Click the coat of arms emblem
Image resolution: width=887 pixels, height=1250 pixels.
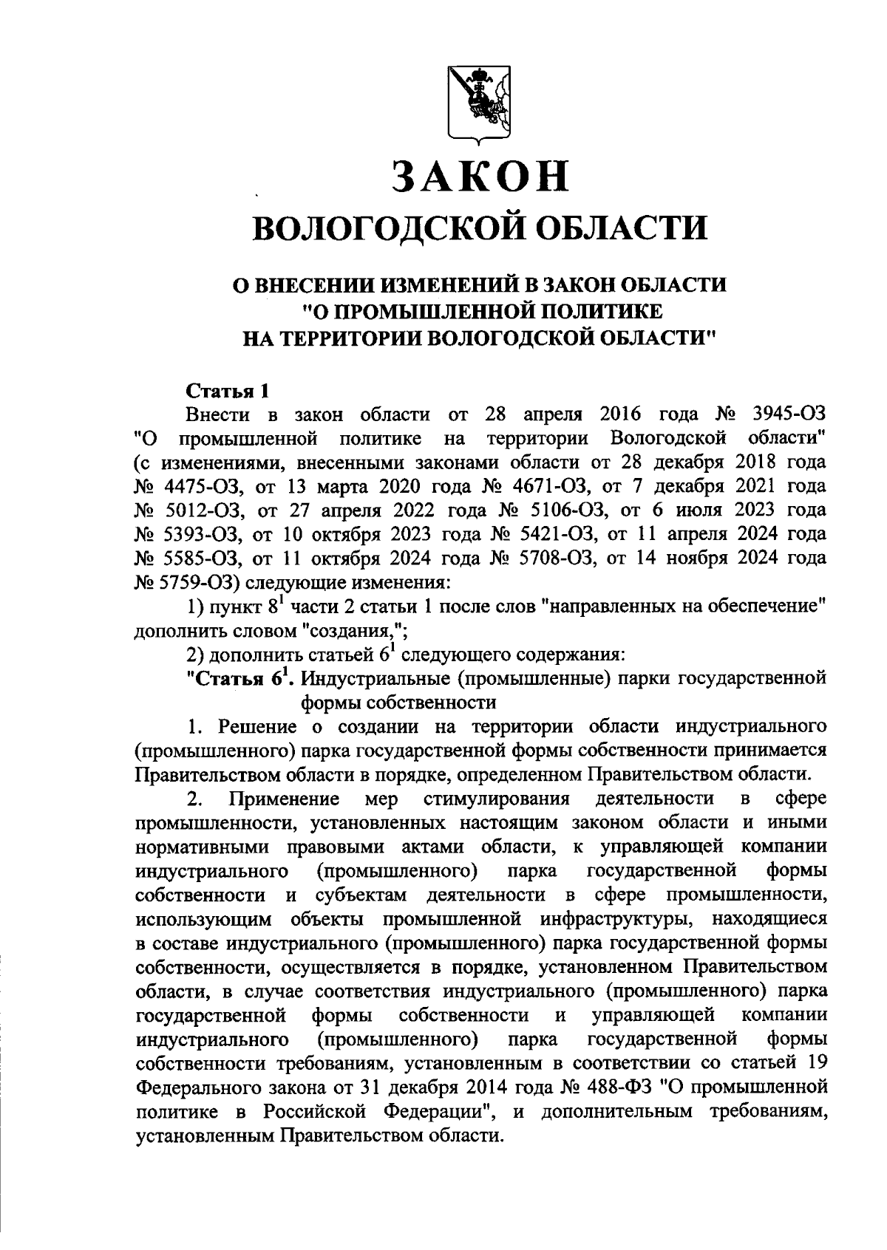coord(480,103)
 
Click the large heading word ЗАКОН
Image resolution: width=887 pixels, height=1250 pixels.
coord(480,177)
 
